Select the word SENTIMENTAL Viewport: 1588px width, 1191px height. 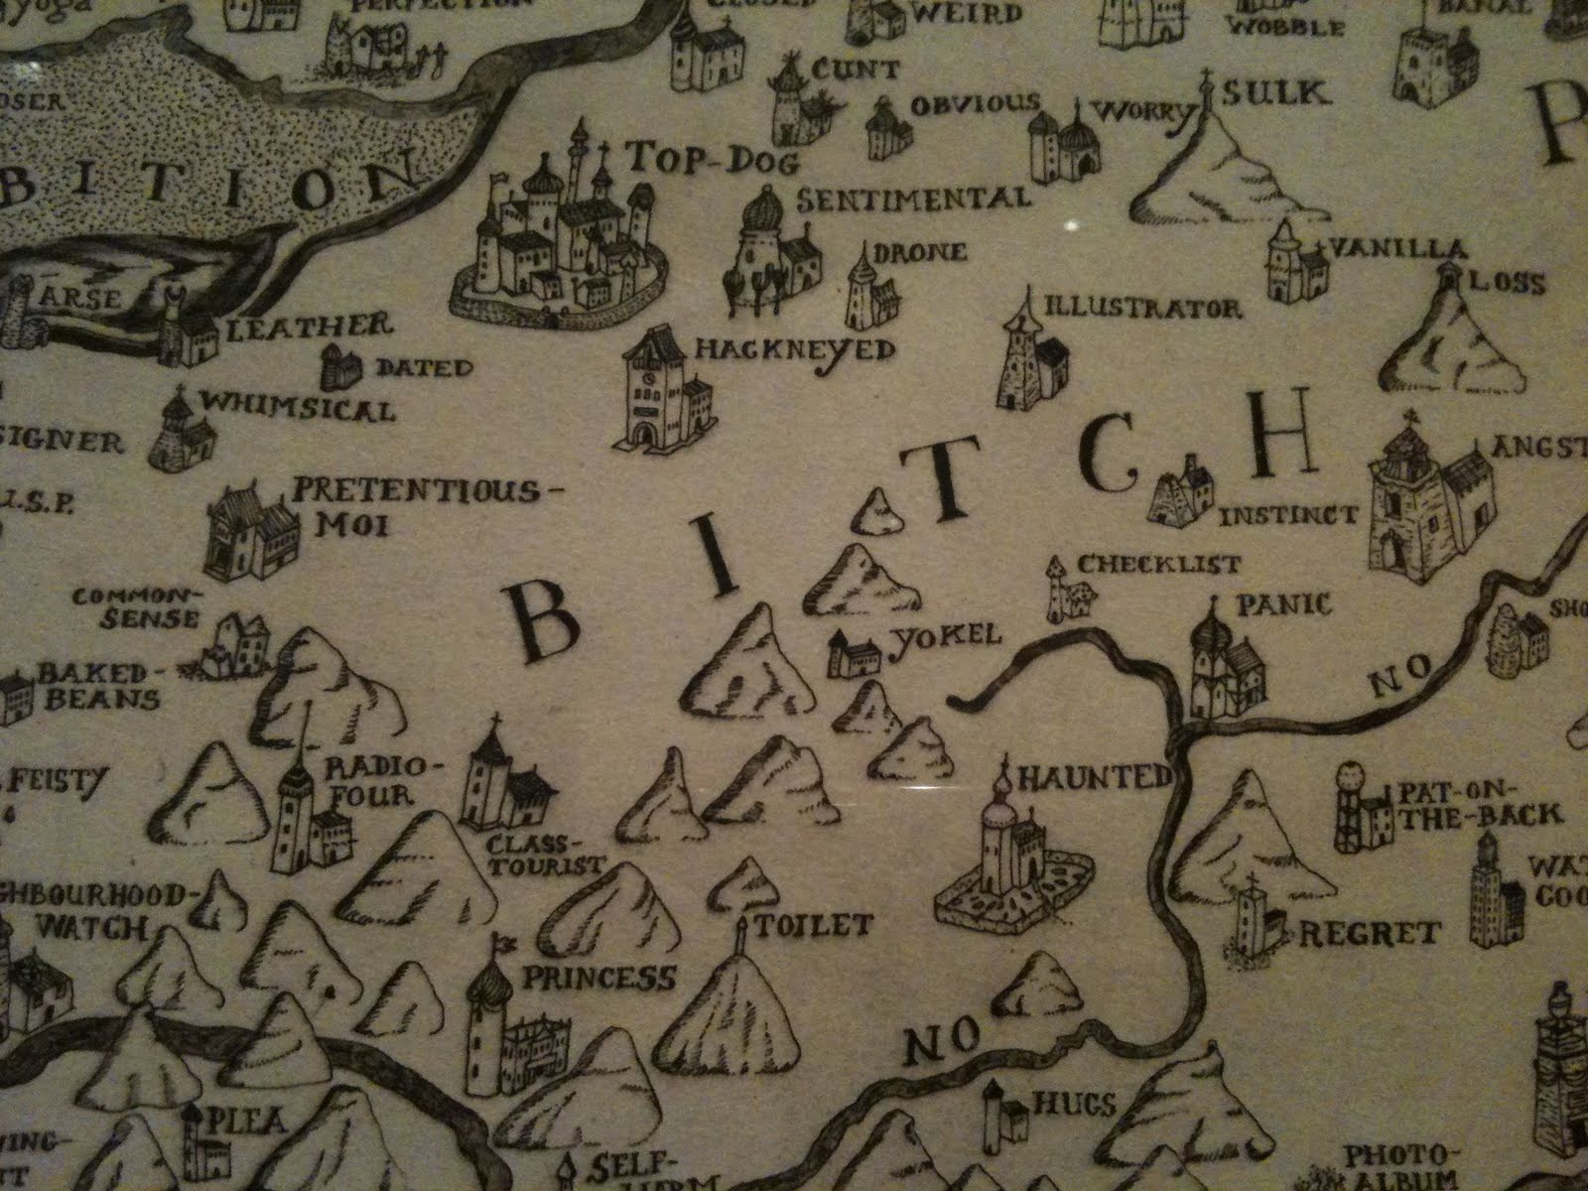point(913,198)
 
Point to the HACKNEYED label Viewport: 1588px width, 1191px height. point(795,349)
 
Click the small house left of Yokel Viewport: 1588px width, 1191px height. point(855,655)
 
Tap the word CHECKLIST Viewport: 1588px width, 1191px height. point(1158,564)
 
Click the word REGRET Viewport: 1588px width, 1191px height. point(1368,933)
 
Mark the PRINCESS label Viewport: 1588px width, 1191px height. point(598,978)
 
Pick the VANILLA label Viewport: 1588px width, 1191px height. point(1400,247)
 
